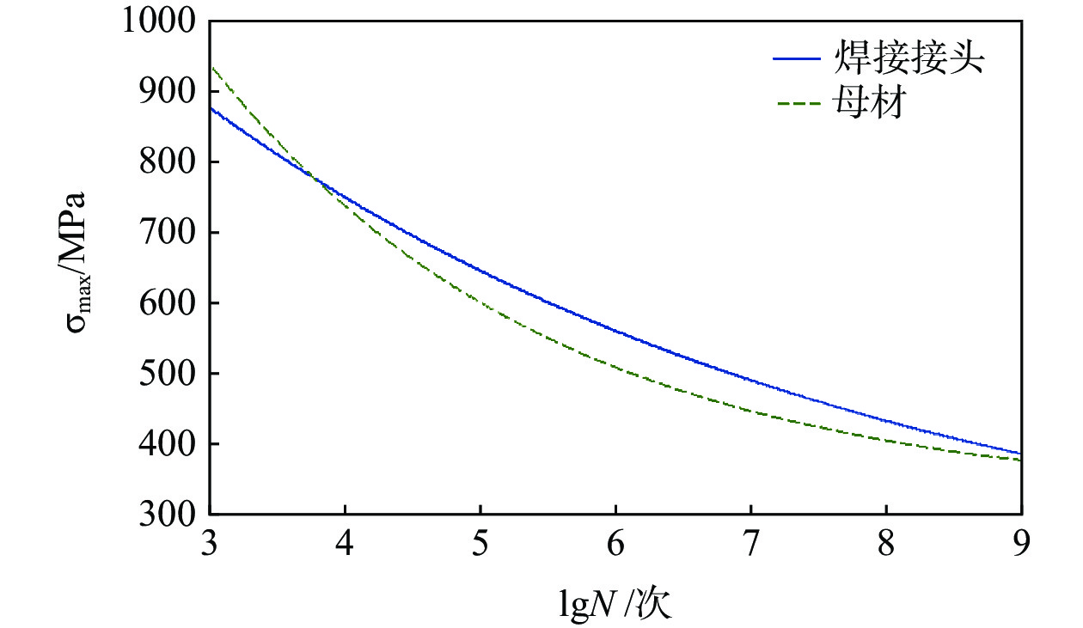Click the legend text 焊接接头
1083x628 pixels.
(909, 59)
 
